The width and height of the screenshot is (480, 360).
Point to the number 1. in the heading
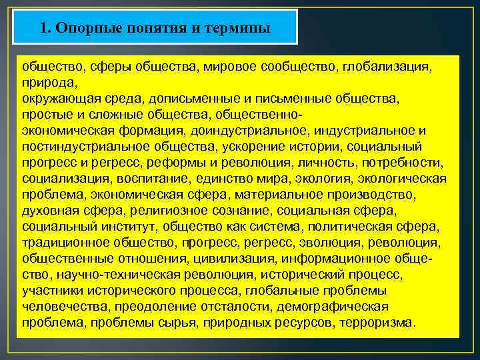point(46,28)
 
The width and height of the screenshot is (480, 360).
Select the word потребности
point(403,163)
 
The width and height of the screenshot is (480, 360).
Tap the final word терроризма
point(377,323)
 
